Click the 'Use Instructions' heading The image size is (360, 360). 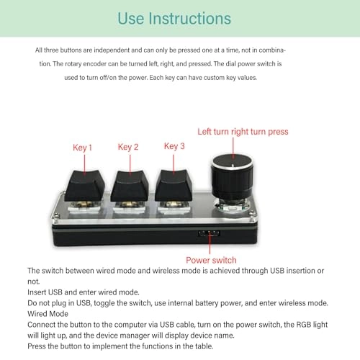pos(174,18)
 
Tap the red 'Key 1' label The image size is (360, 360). pos(82,148)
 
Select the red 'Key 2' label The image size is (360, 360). pos(128,147)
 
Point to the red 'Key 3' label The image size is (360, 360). pos(174,146)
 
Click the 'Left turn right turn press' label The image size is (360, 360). pos(243,132)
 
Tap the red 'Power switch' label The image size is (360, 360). pos(211,260)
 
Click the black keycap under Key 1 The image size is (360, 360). pos(84,186)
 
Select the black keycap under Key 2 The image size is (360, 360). pos(130,186)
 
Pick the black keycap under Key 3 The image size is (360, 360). pos(174,185)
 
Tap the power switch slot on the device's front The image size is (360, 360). pos(209,233)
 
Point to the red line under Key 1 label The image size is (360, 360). pos(84,165)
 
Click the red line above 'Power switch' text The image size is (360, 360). pos(210,243)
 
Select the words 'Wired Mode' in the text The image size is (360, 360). pos(48,314)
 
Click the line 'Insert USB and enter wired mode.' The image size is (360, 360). pos(84,292)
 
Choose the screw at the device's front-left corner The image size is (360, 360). pos(56,215)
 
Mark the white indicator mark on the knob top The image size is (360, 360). pos(233,165)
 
